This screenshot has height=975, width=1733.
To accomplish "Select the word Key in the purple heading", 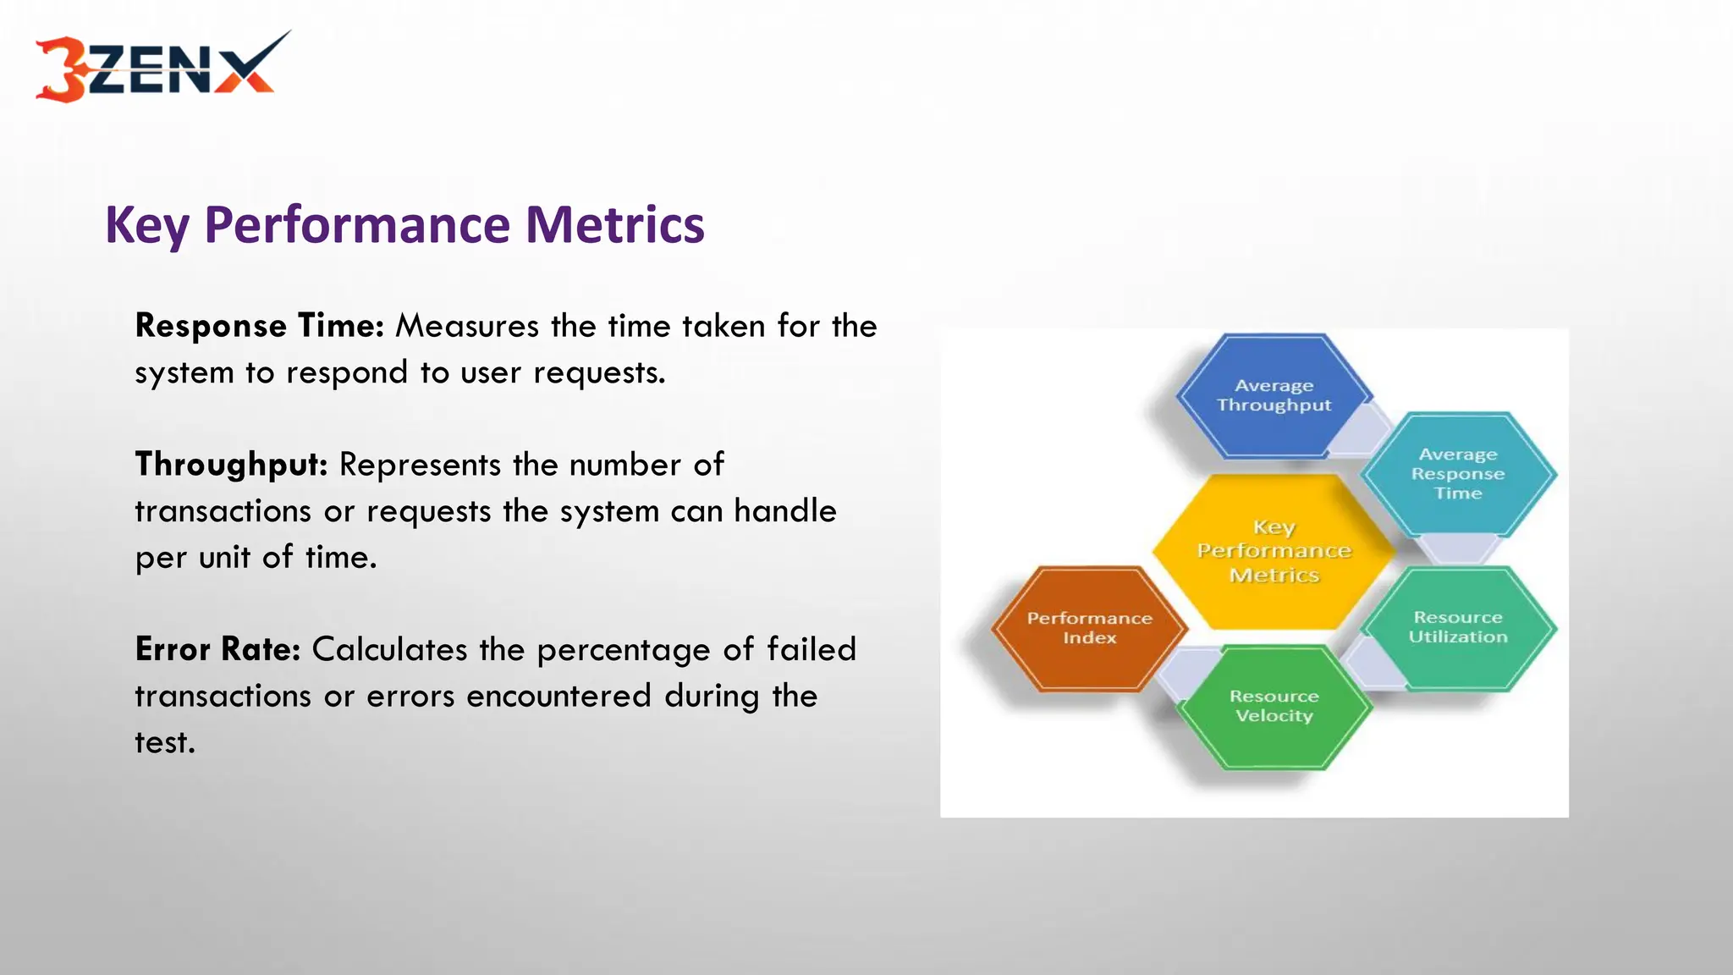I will click(146, 227).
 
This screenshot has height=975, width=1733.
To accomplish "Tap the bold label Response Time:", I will click(260, 326).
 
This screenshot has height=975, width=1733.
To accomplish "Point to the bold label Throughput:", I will click(231, 465).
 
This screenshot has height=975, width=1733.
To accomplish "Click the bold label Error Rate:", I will click(217, 650).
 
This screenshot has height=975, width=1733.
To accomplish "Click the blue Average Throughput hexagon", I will click(1274, 396).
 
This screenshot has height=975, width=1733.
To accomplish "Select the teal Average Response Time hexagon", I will click(1457, 474).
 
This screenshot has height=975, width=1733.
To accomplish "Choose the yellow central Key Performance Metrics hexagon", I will click(1274, 551).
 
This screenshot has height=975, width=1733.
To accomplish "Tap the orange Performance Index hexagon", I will click(1089, 628).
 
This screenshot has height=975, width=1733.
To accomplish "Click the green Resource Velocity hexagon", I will click(1274, 707).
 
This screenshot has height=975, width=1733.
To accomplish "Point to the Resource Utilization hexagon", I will click(1457, 628).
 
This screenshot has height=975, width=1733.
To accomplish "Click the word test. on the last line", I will click(165, 743).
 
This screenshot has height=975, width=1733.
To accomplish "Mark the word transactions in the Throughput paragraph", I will click(223, 512).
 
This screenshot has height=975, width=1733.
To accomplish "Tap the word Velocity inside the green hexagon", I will click(1274, 716).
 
